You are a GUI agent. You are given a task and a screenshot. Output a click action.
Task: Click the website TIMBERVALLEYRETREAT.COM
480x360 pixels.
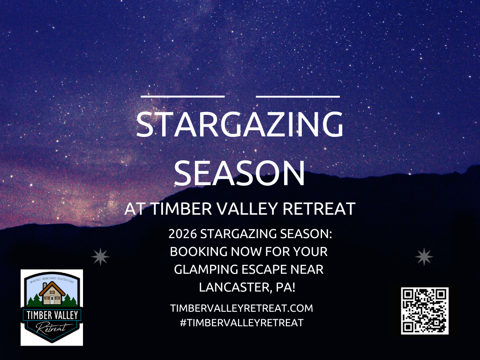(x=241, y=308)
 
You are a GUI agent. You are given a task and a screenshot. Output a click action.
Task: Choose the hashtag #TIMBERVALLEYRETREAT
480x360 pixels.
(x=241, y=322)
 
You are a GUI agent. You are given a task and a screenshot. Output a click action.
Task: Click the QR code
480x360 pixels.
(x=425, y=311)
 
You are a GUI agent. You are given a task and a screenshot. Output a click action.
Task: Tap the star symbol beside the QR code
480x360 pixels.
(x=425, y=257)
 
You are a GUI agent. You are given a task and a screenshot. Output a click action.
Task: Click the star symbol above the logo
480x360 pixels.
(x=100, y=257)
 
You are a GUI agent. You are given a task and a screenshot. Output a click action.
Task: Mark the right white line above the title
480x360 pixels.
(x=298, y=96)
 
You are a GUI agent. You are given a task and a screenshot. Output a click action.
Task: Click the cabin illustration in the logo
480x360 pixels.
(x=52, y=293)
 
